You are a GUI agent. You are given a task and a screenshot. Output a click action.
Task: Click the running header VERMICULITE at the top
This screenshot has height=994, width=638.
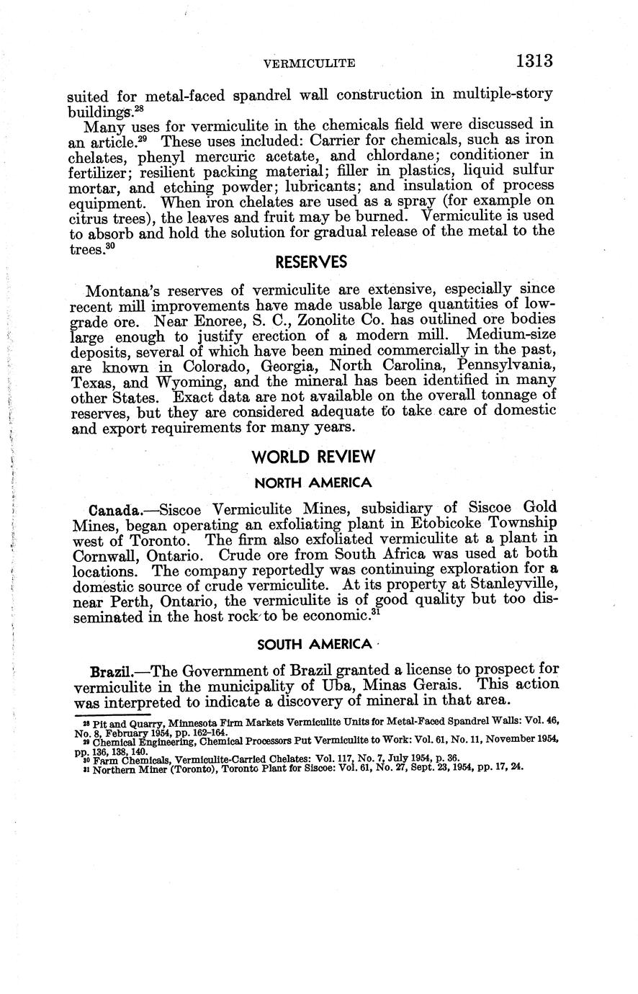tap(310, 63)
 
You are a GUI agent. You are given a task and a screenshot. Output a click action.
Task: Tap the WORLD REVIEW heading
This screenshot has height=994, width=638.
tap(314, 457)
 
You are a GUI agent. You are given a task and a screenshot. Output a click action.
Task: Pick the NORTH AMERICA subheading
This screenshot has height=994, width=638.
tap(313, 482)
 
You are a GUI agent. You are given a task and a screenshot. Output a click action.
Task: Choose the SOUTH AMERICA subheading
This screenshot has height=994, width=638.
tap(313, 645)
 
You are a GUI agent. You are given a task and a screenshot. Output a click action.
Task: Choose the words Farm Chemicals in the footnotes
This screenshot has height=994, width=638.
tap(129, 758)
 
